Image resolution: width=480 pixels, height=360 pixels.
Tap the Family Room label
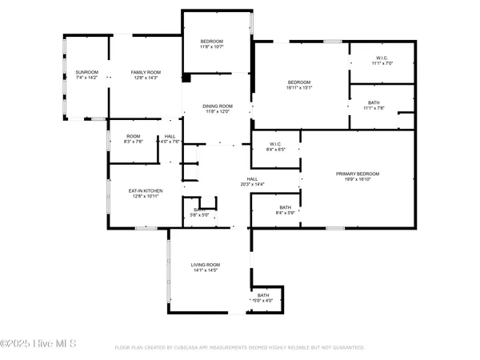[x=146, y=72]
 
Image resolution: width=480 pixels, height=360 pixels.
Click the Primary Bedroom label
[x=357, y=174]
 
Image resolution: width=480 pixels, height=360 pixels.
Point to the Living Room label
[x=205, y=265]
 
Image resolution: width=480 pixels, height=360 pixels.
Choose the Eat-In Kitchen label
[x=146, y=190]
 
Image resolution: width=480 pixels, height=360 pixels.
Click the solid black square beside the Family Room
[x=186, y=78]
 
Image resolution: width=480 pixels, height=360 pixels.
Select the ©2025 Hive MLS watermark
[x=38, y=344]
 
